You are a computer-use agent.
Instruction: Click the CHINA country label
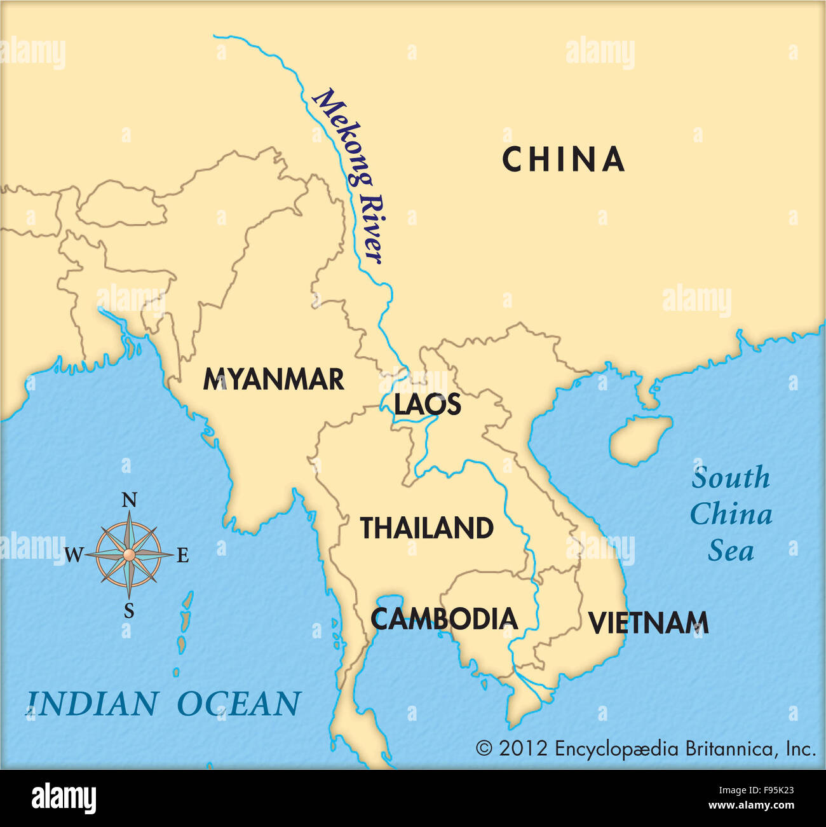click(x=563, y=160)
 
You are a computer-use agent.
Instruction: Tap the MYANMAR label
click(x=273, y=379)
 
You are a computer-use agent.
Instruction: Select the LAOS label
click(x=427, y=405)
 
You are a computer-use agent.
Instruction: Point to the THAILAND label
click(x=426, y=528)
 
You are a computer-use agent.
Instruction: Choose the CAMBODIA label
click(x=444, y=619)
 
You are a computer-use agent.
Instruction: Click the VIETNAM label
click(x=648, y=623)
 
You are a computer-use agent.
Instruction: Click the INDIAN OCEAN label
click(x=163, y=704)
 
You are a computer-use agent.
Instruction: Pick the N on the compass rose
click(x=129, y=501)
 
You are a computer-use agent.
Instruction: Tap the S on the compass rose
click(x=129, y=611)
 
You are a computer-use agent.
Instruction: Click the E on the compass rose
click(x=182, y=556)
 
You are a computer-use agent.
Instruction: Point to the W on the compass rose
click(x=74, y=556)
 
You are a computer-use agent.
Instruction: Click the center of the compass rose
click(x=129, y=555)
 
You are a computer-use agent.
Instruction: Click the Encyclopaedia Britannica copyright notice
click(x=646, y=748)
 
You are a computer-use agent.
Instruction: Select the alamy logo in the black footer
click(x=64, y=798)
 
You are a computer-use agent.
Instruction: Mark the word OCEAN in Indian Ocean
click(x=238, y=704)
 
